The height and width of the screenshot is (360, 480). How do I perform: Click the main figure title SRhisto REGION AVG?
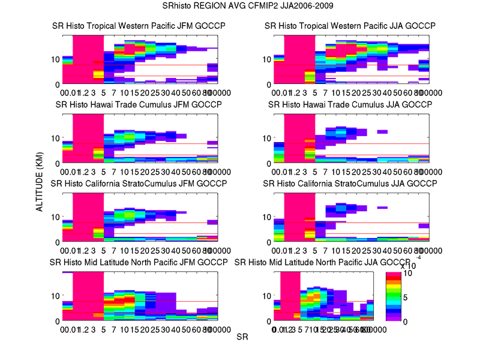coord(240,7)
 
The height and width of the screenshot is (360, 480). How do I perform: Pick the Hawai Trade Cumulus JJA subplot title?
coord(350,104)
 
